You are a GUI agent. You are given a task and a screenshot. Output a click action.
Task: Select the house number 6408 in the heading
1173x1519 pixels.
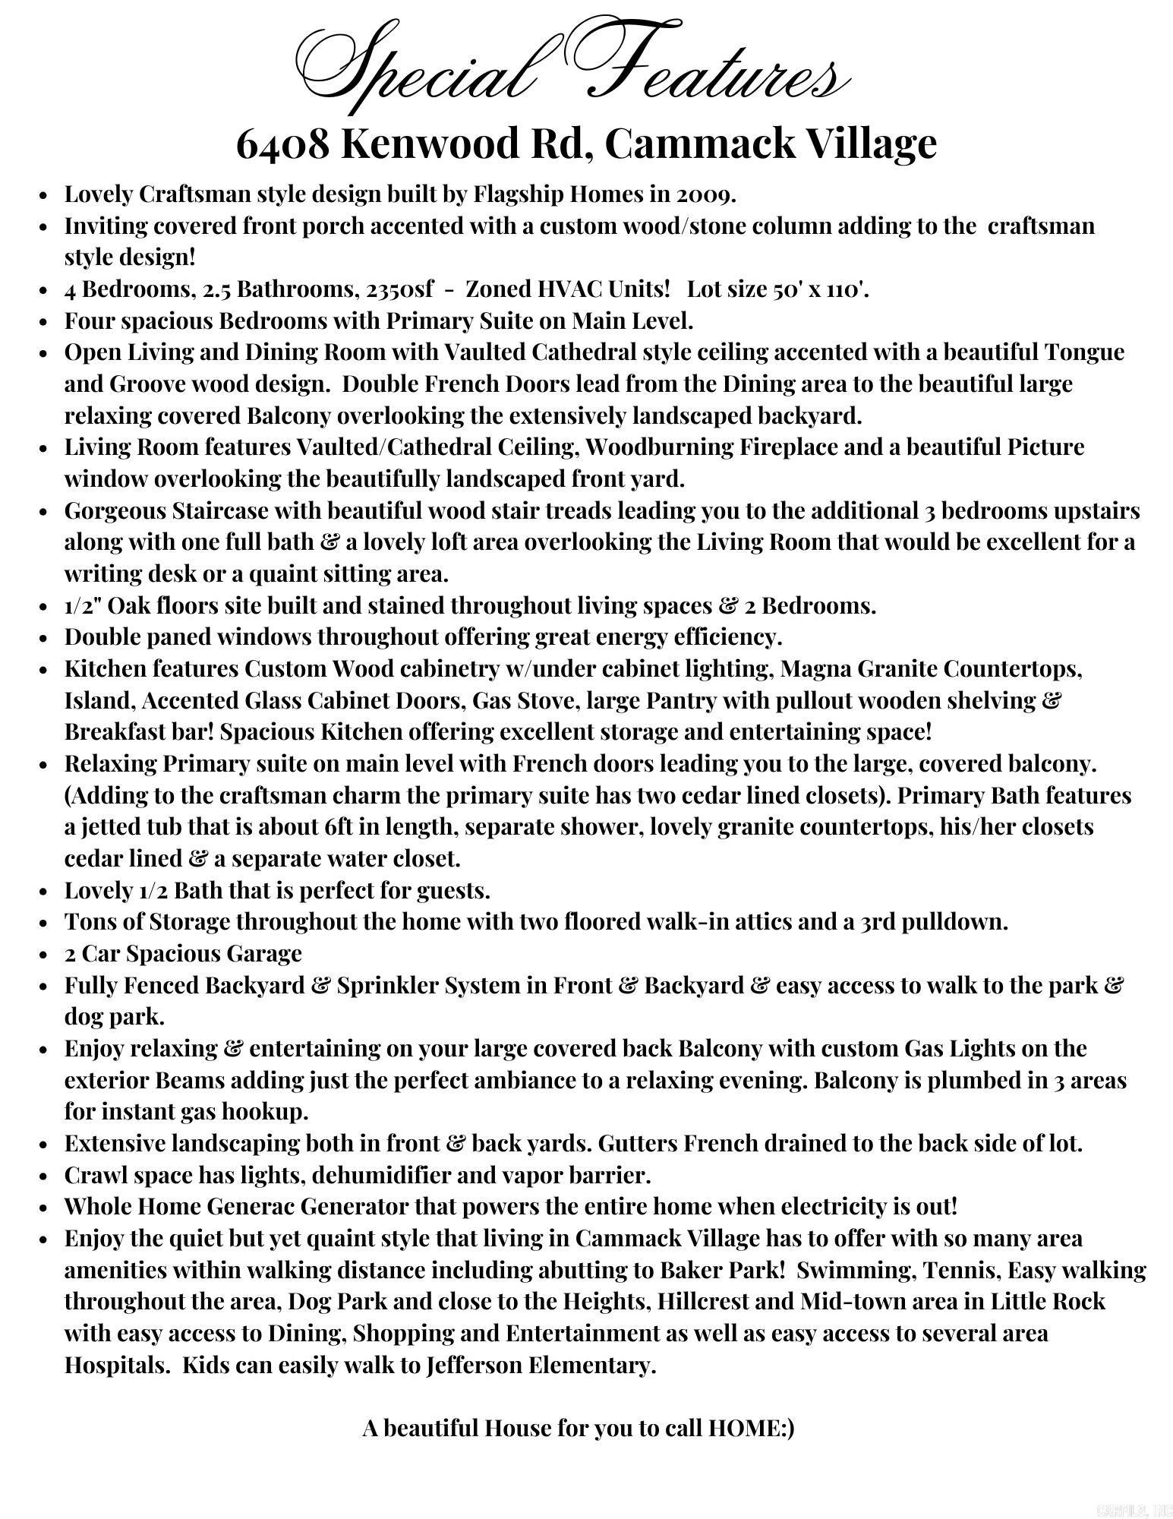(x=283, y=143)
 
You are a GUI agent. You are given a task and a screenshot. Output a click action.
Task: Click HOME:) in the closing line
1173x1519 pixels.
(x=751, y=1429)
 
